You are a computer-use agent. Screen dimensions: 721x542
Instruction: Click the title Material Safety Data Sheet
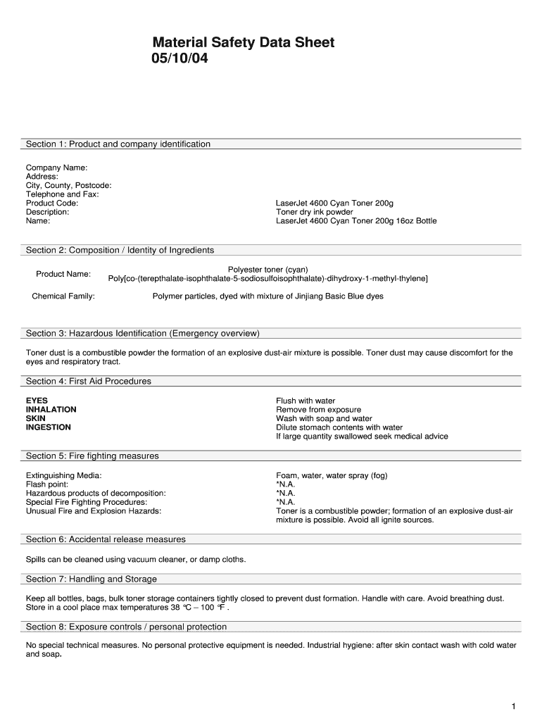[244, 43]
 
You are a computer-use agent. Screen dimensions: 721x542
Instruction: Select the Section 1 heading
[118, 144]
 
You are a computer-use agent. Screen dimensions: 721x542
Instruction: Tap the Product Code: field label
[52, 203]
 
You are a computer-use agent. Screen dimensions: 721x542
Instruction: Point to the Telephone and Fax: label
[63, 194]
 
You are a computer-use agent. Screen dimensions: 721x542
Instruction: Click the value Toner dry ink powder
[315, 212]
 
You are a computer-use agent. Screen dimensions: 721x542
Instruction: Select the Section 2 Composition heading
[120, 250]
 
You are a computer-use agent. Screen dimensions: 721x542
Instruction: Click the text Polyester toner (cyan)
[267, 270]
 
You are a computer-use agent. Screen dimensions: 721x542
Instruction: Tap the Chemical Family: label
[63, 296]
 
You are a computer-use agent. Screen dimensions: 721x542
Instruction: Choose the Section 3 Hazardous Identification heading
[143, 333]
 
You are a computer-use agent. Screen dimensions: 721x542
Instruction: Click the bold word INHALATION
[51, 410]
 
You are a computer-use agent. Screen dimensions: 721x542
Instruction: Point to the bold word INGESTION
[49, 427]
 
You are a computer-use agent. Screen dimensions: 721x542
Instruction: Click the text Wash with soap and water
[324, 418]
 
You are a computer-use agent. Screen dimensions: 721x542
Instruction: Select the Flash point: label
[47, 484]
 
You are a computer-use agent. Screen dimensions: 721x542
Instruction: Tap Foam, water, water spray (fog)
[332, 475]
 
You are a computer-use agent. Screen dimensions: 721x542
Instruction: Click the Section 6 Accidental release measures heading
[106, 539]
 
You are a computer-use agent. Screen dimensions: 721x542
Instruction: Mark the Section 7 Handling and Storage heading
[92, 579]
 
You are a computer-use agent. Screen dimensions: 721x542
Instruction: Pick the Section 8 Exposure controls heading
[127, 627]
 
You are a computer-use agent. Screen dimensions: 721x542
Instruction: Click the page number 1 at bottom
[515, 706]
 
